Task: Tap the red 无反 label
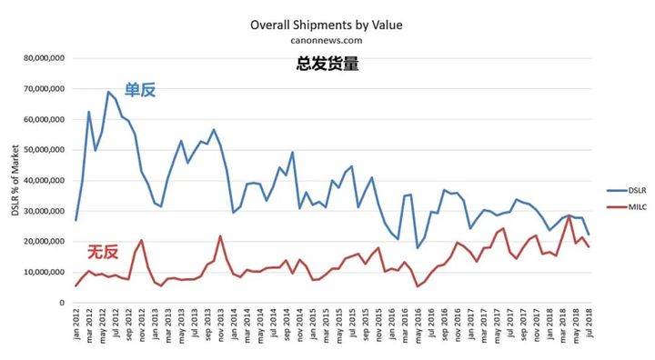[x=103, y=252]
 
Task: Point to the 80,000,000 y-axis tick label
[x=40, y=58]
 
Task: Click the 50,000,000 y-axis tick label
[x=40, y=150]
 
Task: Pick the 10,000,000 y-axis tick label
[x=40, y=272]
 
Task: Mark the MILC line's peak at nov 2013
[x=220, y=236]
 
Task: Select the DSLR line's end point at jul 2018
[x=588, y=235]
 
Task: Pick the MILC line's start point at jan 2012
[x=76, y=285]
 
